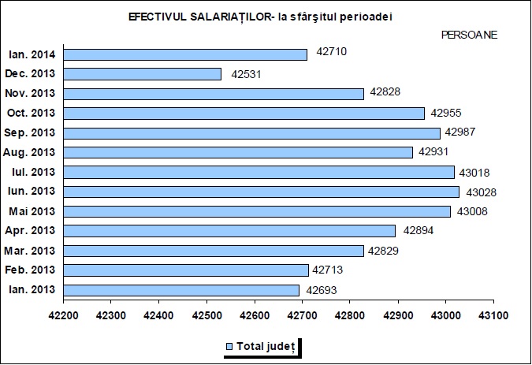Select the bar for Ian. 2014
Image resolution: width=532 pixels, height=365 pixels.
[x=185, y=54]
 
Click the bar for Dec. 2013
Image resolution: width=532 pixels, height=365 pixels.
[x=142, y=74]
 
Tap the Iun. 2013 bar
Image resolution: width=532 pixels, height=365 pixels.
[x=261, y=192]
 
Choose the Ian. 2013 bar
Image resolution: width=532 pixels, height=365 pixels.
[x=181, y=290]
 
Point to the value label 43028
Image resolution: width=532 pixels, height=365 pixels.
[x=482, y=192]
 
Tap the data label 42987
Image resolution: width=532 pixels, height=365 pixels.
[x=460, y=132]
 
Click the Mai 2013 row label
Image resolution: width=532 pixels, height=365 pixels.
[x=31, y=212]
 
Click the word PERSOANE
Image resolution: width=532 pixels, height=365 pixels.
[x=469, y=35]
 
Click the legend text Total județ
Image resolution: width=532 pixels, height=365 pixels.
[x=266, y=346]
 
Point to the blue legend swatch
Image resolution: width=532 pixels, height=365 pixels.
[x=230, y=346]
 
